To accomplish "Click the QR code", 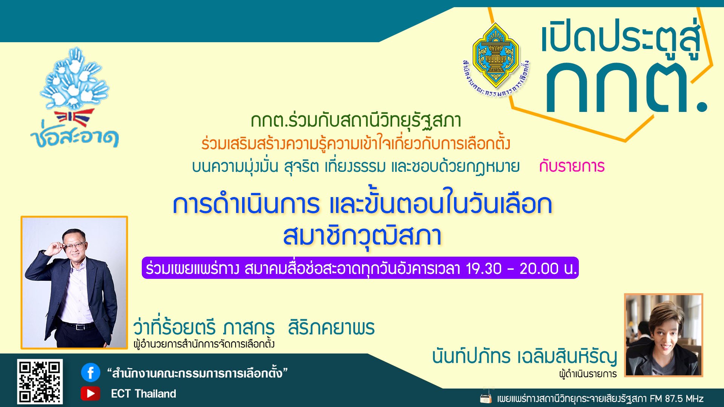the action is [40, 381].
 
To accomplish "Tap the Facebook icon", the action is [90, 373].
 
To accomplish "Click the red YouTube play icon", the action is [90, 393].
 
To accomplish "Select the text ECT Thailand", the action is [143, 394].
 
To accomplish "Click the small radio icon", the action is [486, 398].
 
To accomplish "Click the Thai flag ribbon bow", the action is [74, 118].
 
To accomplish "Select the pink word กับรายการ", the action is [572, 166].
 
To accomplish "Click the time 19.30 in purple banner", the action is [484, 268].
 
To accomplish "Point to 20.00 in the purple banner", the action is [539, 268].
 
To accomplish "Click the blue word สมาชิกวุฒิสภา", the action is [362, 236].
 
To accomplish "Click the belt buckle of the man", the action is [79, 327].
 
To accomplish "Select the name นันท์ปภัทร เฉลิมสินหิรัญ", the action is [525, 357].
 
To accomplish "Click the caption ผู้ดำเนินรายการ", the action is [588, 374].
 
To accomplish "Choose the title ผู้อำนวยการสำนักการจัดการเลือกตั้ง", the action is [204, 344].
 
